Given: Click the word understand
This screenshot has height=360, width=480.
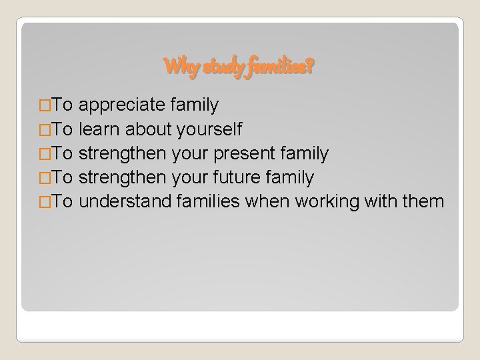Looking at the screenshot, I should tap(126, 202).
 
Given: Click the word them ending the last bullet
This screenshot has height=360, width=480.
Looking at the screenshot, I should tap(423, 202).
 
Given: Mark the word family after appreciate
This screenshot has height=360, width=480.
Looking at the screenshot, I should tap(194, 105).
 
